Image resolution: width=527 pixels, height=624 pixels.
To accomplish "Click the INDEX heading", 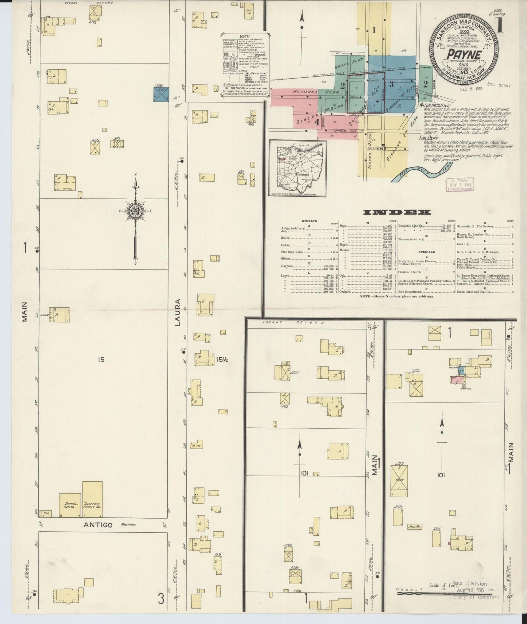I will point(397,212).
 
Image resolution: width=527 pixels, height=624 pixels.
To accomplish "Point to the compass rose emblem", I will point(135,211).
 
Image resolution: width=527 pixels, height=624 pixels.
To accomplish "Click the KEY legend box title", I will point(245,37).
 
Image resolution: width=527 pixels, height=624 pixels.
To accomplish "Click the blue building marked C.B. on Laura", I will point(161,94).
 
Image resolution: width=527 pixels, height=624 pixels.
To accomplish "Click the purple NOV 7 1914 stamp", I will point(460,185).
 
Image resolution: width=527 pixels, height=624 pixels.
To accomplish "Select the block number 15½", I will point(221,359).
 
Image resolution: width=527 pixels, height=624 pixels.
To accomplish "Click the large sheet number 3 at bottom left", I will point(161,599).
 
